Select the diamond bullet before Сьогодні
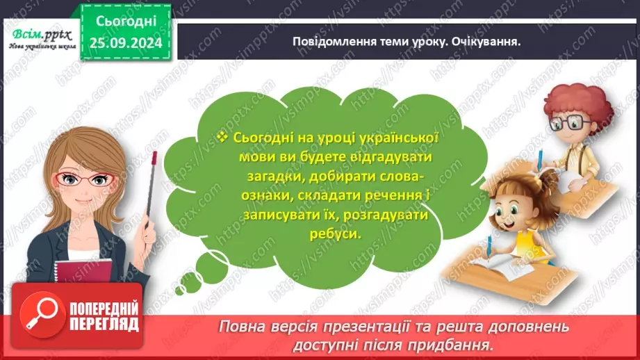[x=222, y=138]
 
